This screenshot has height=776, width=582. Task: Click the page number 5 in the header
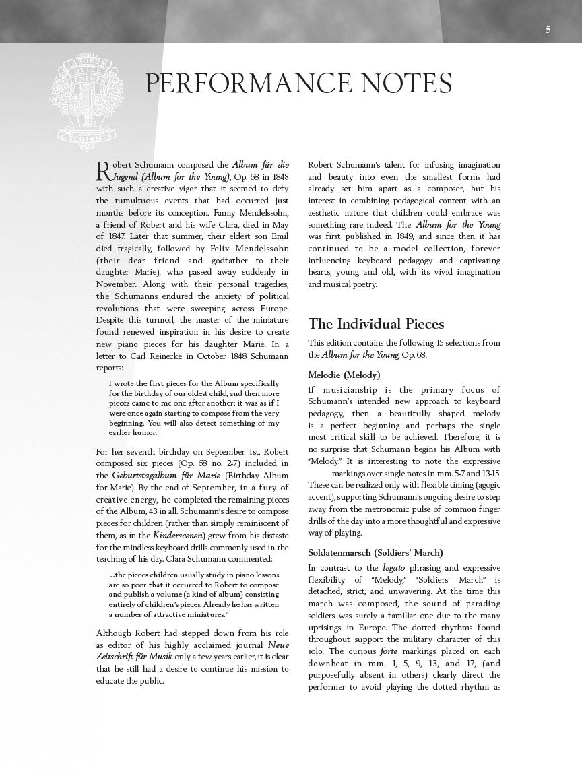point(548,30)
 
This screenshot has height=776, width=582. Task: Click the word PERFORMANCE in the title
point(243,84)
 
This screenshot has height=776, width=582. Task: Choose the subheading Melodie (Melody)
point(344,375)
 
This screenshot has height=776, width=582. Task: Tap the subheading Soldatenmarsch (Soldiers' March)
point(375,552)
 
